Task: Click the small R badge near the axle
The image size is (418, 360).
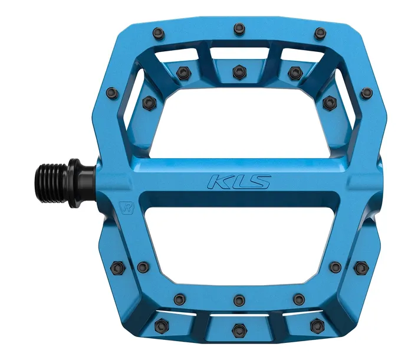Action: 126,207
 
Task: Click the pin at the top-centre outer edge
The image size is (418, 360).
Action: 239,28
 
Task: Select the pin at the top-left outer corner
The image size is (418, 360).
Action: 158,33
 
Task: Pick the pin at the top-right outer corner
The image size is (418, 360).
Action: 320,33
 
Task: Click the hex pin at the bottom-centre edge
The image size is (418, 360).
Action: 238,329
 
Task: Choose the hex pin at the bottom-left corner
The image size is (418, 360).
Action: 161,325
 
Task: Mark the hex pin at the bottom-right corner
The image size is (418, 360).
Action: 317,325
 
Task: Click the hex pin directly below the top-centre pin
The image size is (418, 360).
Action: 238,72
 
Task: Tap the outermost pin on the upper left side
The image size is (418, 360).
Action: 110,93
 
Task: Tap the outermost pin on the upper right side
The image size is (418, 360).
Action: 367,93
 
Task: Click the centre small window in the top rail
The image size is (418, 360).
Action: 239,54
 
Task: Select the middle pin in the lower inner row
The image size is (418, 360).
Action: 238,300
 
